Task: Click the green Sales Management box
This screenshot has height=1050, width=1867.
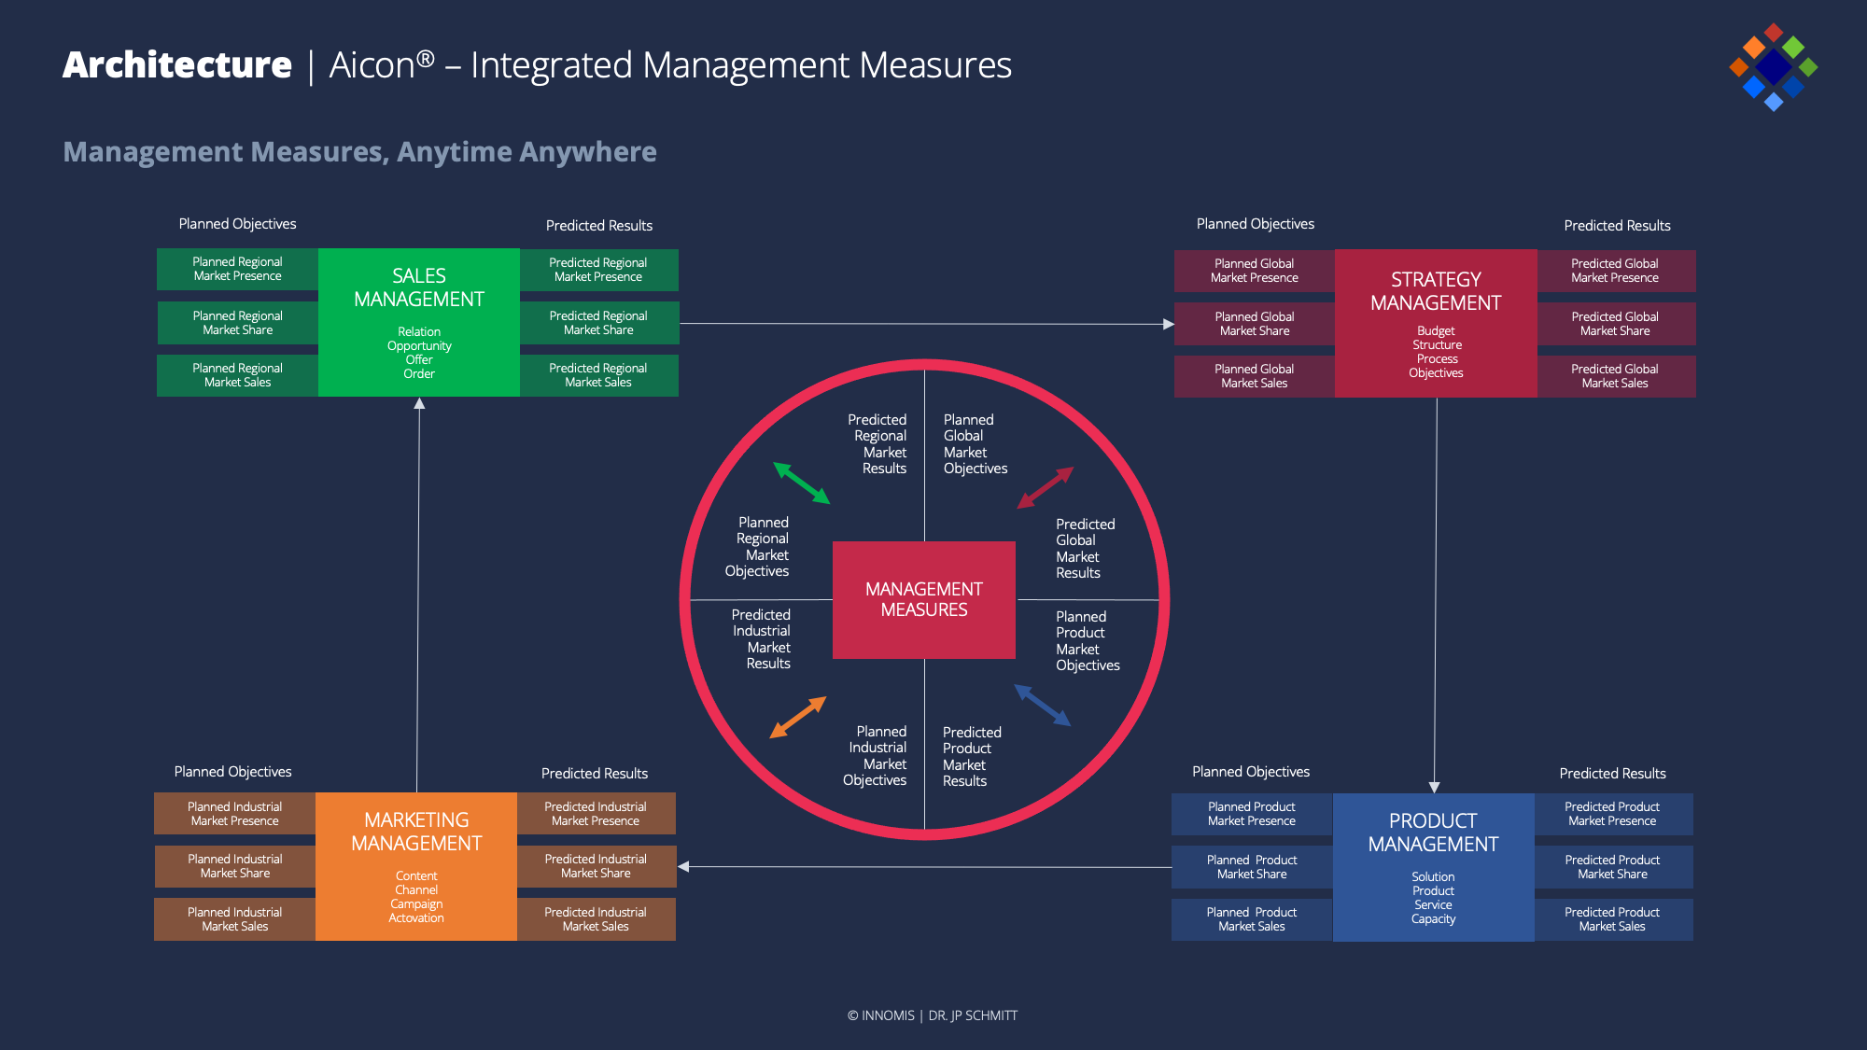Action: click(x=419, y=322)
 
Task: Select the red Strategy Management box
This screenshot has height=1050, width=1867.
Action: click(x=1436, y=323)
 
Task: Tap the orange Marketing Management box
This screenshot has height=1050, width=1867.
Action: click(x=416, y=866)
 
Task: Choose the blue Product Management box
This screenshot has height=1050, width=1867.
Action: click(x=1433, y=867)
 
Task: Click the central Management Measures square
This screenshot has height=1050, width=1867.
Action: click(x=924, y=599)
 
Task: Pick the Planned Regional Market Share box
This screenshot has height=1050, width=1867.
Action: click(x=238, y=323)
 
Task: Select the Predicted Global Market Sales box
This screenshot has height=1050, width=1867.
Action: click(x=1615, y=376)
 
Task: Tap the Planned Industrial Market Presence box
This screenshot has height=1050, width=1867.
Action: click(x=234, y=814)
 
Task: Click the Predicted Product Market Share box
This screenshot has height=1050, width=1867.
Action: click(x=1612, y=867)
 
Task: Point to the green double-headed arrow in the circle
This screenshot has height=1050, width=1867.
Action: click(x=802, y=483)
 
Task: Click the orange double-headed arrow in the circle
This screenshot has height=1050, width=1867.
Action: click(x=798, y=717)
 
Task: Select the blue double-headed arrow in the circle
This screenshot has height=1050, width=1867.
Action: click(x=1043, y=706)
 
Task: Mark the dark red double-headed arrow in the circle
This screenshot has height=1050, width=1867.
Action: click(x=1046, y=487)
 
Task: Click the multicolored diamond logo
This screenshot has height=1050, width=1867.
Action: click(x=1773, y=67)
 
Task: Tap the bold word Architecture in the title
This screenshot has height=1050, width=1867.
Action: click(x=177, y=65)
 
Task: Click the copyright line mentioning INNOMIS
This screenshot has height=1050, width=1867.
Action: click(x=933, y=1015)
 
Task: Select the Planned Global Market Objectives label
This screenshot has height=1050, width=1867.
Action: click(x=975, y=444)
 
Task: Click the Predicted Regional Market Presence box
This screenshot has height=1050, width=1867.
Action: click(x=598, y=270)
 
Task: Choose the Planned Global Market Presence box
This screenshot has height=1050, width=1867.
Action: click(x=1254, y=271)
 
